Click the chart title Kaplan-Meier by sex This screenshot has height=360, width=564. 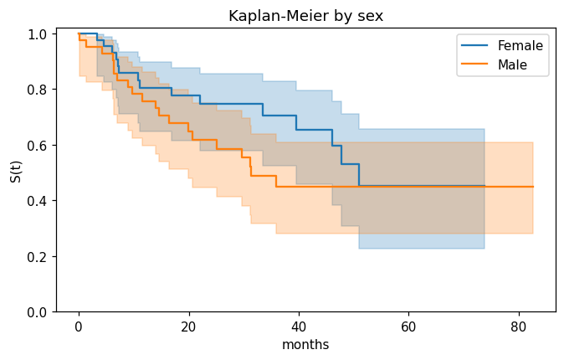pyautogui.click(x=305, y=16)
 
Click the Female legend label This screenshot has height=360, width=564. pyautogui.click(x=520, y=46)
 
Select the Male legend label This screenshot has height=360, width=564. pyautogui.click(x=512, y=64)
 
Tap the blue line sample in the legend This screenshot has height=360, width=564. pyautogui.click(x=474, y=45)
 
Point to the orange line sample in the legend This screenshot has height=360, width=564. pyautogui.click(x=474, y=64)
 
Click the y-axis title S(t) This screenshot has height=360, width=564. pyautogui.click(x=16, y=172)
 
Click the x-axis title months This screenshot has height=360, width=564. pyautogui.click(x=305, y=345)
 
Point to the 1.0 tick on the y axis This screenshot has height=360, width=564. pyautogui.click(x=37, y=34)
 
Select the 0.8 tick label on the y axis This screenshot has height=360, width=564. pyautogui.click(x=37, y=90)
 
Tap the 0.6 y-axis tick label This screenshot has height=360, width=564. pyautogui.click(x=37, y=146)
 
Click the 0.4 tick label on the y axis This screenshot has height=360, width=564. pyautogui.click(x=37, y=201)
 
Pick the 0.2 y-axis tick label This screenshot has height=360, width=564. pyautogui.click(x=37, y=257)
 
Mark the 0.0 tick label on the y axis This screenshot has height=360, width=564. pyautogui.click(x=37, y=312)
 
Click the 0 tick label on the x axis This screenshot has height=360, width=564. pyautogui.click(x=79, y=327)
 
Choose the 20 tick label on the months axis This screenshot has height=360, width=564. pyautogui.click(x=188, y=327)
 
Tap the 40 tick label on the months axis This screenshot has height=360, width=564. pyautogui.click(x=299, y=327)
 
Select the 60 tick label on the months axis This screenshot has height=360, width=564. pyautogui.click(x=408, y=327)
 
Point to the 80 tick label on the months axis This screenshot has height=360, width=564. pyautogui.click(x=518, y=327)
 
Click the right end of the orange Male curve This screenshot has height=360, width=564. pyautogui.click(x=533, y=187)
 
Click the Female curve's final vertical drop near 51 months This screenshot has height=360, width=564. pyautogui.click(x=359, y=175)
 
